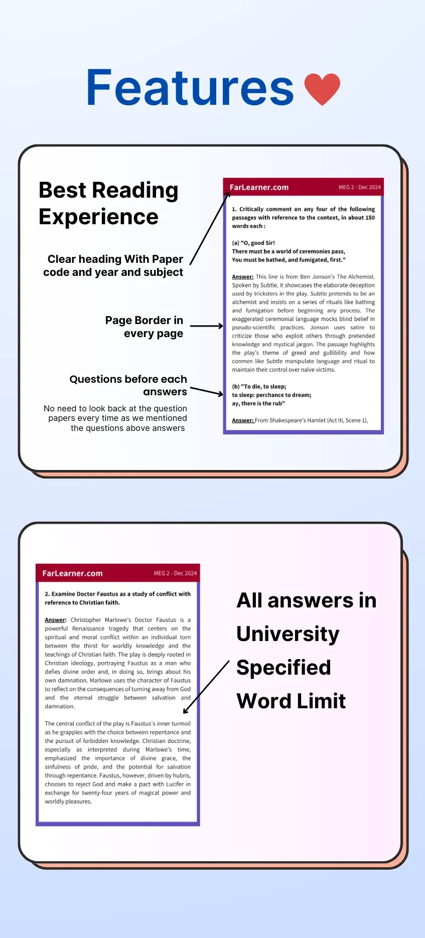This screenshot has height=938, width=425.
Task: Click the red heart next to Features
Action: pos(322,88)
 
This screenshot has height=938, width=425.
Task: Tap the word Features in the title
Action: pos(190,88)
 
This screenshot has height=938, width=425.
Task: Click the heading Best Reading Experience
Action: pos(108,203)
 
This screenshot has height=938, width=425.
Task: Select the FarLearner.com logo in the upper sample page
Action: pos(259,187)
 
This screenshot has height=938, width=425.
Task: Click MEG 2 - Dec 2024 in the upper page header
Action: pos(359,187)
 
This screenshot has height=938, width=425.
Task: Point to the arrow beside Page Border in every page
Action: pos(206,326)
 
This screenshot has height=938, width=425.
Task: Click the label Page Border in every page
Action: pos(145,327)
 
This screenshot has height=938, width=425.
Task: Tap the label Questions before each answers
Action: pos(128,385)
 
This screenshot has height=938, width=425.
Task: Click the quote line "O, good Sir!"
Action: pos(253,243)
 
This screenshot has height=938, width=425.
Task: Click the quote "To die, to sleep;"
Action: pos(259,387)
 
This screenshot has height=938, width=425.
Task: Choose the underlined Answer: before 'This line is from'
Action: pos(242,277)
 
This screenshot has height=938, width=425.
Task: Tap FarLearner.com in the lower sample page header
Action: pos(72,573)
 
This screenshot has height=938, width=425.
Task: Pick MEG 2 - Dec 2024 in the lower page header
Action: pos(175,573)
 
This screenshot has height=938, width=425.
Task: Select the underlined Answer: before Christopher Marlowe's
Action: pos(55,620)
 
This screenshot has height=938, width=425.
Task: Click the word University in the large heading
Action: pos(288,634)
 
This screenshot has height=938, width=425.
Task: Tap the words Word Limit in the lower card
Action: pos(291,701)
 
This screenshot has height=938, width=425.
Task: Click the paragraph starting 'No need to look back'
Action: pos(116,418)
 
